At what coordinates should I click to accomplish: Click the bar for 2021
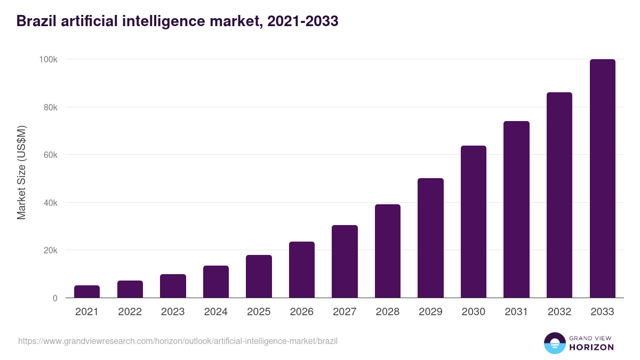(87, 292)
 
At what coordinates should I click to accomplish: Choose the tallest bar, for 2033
(602, 179)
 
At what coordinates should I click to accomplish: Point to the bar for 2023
(173, 286)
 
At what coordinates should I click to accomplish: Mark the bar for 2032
(559, 195)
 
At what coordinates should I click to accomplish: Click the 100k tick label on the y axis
(48, 59)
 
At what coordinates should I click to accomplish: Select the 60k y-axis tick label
(50, 155)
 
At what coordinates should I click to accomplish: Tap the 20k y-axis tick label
(50, 250)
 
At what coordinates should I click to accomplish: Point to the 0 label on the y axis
(55, 298)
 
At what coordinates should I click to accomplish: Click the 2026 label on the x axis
(302, 312)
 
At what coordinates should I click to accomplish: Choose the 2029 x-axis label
(430, 312)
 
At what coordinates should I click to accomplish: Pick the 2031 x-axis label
(516, 312)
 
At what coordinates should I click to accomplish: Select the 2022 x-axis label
(130, 312)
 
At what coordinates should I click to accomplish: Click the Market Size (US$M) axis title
(21, 172)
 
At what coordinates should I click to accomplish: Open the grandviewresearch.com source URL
(178, 341)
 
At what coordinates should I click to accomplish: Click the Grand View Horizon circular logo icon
(554, 343)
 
